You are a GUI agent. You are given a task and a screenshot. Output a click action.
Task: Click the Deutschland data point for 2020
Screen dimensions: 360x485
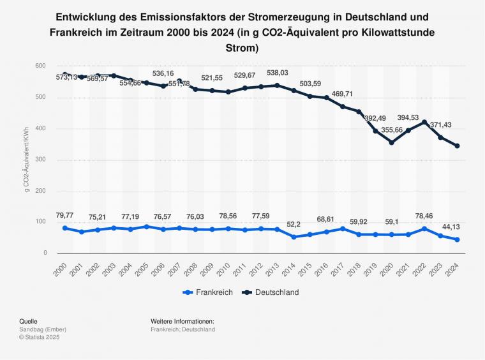click(x=392, y=142)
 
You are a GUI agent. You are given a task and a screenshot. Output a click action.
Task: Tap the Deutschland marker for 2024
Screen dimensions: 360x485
click(x=458, y=146)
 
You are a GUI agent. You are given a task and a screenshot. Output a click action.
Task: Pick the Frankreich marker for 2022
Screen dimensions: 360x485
click(x=424, y=229)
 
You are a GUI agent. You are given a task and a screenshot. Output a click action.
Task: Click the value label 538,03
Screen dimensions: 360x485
click(x=277, y=73)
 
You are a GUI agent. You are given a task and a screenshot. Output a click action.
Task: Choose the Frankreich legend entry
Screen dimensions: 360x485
click(x=206, y=292)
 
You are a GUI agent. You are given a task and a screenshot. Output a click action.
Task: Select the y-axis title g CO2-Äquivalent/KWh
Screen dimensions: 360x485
click(x=26, y=160)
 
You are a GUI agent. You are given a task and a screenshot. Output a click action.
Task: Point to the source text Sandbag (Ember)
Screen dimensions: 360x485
click(x=46, y=329)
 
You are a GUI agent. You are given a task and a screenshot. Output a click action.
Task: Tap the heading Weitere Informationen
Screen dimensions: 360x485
click(x=182, y=321)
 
